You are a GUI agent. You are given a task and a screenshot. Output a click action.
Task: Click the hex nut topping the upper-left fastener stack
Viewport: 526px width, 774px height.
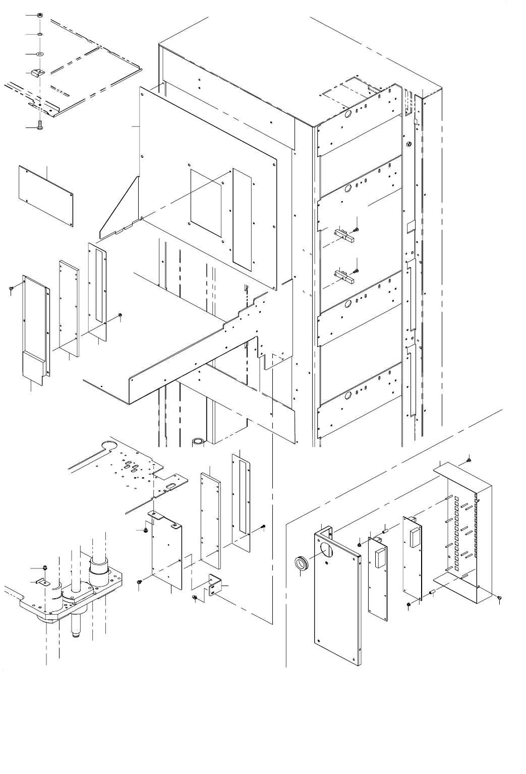pos(40,15)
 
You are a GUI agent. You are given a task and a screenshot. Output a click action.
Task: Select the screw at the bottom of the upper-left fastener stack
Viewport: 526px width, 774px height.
pos(40,124)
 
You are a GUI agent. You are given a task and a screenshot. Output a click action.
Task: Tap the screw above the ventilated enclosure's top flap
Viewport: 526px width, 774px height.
pos(469,460)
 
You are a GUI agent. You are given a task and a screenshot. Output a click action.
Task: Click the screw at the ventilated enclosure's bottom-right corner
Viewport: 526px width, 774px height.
pos(499,598)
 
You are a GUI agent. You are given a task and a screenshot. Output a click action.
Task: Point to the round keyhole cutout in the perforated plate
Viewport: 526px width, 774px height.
pos(107,444)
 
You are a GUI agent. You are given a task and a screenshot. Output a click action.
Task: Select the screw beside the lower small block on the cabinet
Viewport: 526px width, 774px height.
pos(357,270)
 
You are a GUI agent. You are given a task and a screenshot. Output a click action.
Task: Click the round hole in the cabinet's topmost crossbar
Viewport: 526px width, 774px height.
pos(347,115)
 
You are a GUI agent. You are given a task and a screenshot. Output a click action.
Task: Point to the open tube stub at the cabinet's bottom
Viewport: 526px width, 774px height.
pos(197,442)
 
